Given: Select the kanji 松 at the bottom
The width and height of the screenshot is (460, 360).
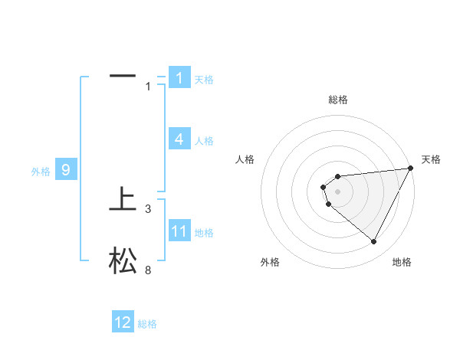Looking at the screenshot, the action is [123, 261].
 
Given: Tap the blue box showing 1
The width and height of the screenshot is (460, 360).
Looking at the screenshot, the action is [179, 77].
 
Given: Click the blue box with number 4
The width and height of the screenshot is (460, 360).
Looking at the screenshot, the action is [179, 139].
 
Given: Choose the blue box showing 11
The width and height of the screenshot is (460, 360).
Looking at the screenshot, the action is [179, 231].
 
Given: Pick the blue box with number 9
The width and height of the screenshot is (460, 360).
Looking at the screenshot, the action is [66, 170].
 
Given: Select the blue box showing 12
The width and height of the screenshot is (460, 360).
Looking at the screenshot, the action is [123, 322].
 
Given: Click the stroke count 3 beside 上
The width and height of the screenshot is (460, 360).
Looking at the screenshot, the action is [148, 208].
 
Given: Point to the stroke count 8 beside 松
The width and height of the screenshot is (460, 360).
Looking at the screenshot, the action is [148, 270].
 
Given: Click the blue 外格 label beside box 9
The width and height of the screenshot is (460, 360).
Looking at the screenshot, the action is [41, 172].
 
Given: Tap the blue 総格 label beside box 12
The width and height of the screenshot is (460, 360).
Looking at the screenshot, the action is [147, 324].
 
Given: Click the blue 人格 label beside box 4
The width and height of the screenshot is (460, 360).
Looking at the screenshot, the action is [204, 141].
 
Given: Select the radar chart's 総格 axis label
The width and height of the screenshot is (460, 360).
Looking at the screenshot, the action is [338, 100].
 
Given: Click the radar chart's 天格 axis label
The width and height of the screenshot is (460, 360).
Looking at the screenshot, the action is [431, 159].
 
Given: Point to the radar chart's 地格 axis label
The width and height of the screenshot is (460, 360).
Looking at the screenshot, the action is [402, 262].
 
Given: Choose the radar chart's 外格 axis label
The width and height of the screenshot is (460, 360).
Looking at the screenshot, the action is [270, 262].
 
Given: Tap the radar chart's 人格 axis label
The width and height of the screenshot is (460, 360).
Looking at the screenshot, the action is [245, 159].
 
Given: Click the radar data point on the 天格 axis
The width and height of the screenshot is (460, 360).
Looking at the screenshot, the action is [411, 169].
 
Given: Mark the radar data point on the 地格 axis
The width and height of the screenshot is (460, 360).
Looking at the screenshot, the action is [374, 242].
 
